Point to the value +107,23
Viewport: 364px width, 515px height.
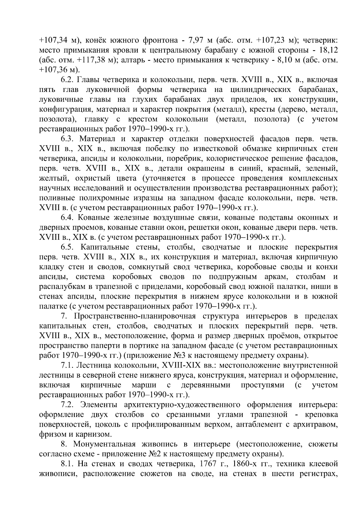pos(271,40)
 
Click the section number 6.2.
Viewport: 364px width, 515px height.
pos(67,80)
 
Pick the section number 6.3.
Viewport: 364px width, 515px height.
pos(67,139)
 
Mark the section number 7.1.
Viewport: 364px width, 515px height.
pos(67,365)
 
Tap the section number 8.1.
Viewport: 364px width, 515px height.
pos(67,472)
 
